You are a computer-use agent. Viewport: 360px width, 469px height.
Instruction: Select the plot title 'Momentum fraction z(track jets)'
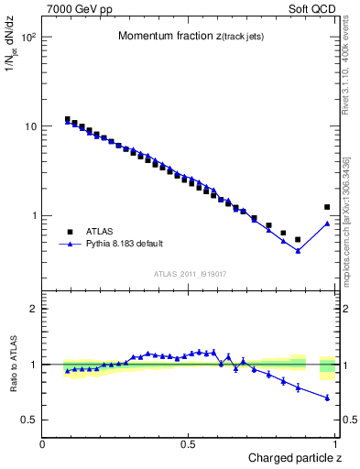191,36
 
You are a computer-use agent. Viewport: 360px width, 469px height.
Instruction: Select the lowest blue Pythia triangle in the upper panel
298,250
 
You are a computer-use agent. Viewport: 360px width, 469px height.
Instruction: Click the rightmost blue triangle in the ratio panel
327,398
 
